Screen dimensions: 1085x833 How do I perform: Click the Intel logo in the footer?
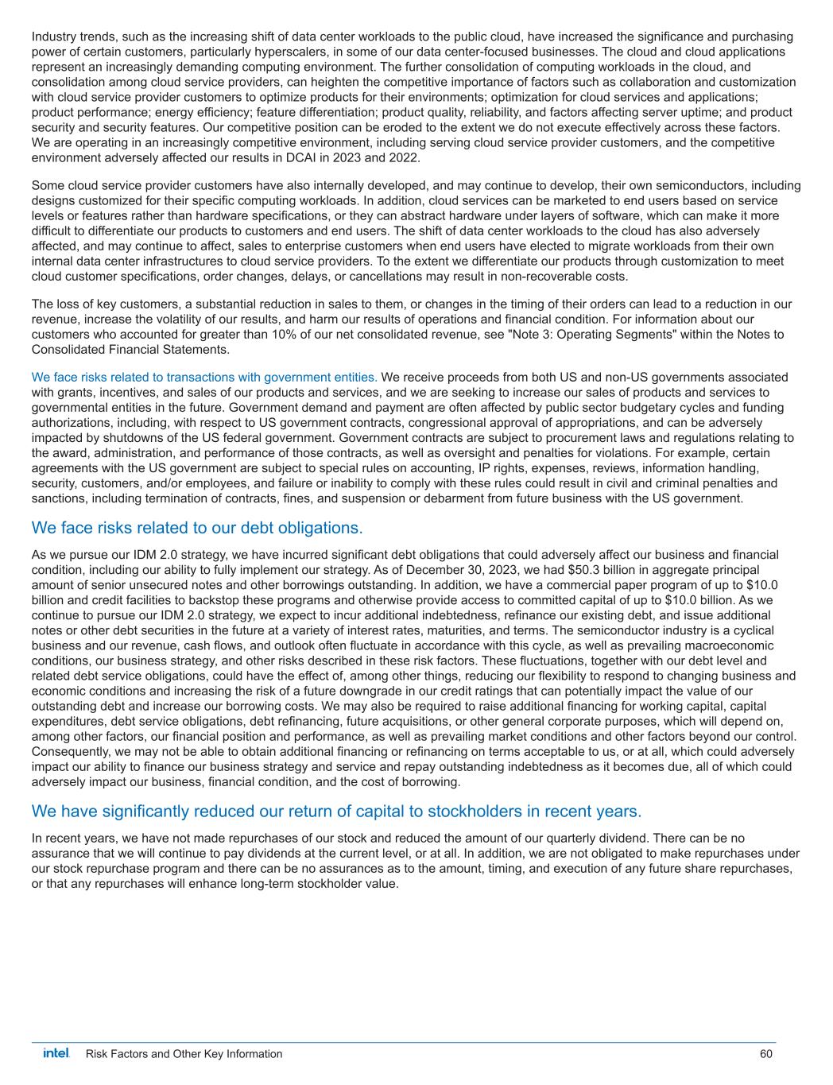pyautogui.click(x=56, y=1053)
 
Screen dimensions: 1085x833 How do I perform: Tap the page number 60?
pyautogui.click(x=765, y=1054)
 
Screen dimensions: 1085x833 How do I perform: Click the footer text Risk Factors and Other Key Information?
pyautogui.click(x=184, y=1054)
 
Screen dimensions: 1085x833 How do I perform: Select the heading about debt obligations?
pyautogui.click(x=196, y=528)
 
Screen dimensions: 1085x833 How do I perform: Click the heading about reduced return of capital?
pyautogui.click(x=335, y=811)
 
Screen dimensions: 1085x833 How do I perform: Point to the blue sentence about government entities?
pyautogui.click(x=204, y=377)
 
